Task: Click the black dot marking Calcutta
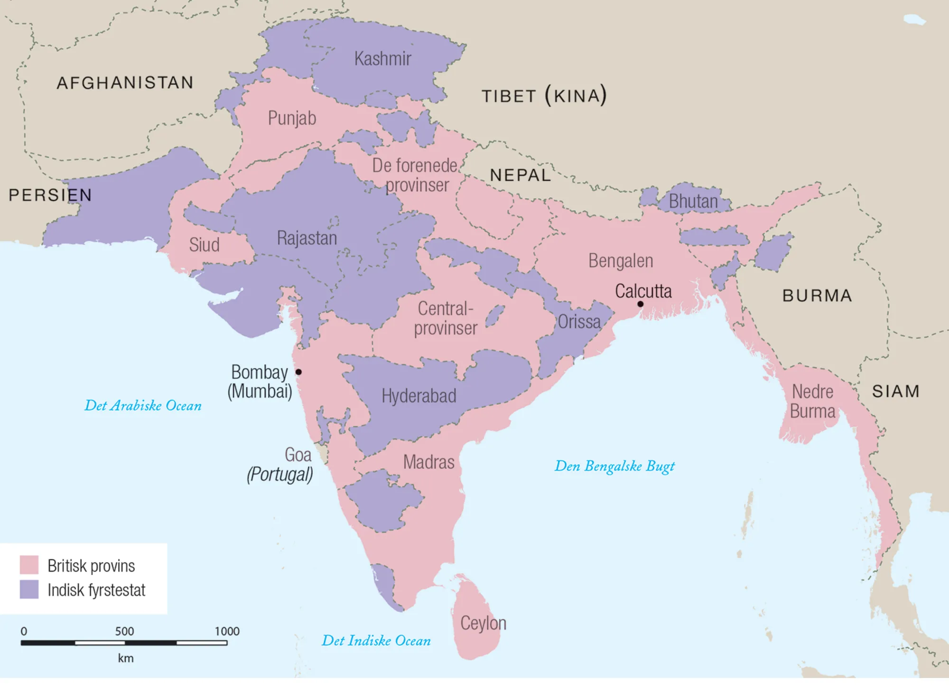(x=640, y=304)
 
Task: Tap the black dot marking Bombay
(x=298, y=372)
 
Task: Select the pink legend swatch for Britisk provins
(x=29, y=565)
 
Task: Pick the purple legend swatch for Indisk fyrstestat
(x=29, y=589)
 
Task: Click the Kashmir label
(x=382, y=59)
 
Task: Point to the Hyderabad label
(x=419, y=396)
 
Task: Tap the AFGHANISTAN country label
(x=125, y=83)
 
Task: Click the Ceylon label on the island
(x=483, y=623)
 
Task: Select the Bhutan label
(x=693, y=202)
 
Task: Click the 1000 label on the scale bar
(x=227, y=632)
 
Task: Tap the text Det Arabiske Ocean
(x=143, y=406)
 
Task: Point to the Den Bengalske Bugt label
(x=614, y=466)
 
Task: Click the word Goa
(x=298, y=455)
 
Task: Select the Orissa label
(x=578, y=322)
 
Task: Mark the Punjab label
(x=292, y=118)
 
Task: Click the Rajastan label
(x=307, y=238)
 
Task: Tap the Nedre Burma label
(x=812, y=401)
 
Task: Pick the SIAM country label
(x=895, y=392)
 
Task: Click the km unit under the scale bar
(x=126, y=659)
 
